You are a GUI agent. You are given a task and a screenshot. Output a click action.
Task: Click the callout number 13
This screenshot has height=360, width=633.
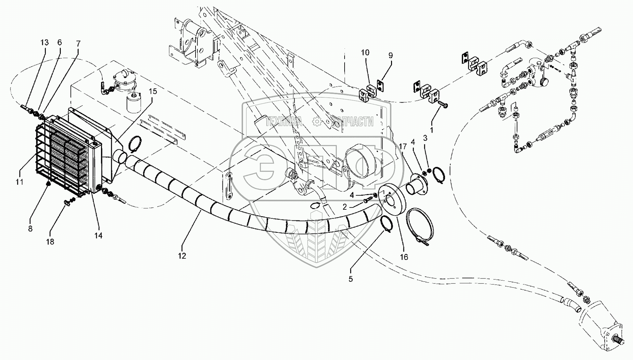44,43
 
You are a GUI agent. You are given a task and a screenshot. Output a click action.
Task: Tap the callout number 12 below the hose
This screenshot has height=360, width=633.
182,256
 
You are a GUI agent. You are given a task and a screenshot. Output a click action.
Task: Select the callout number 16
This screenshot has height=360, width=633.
404,257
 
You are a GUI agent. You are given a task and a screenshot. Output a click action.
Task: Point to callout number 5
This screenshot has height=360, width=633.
350,279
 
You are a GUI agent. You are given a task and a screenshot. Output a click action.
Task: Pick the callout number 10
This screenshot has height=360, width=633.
365,53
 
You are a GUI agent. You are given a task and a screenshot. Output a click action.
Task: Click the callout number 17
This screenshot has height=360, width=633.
403,147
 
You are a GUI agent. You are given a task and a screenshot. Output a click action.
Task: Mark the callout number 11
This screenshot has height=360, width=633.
19,182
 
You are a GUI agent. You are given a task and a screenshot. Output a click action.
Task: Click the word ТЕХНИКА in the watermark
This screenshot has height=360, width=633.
284,122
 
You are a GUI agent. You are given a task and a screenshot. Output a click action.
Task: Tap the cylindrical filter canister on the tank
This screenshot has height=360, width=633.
133,103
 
